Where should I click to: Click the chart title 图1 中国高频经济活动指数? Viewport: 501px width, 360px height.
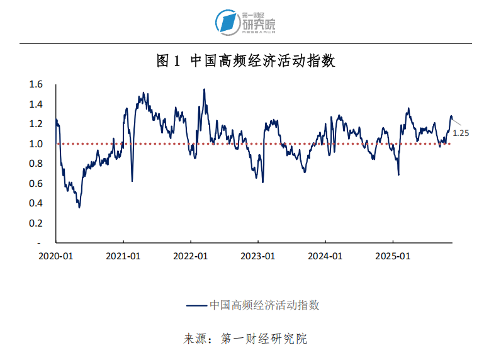(245, 61)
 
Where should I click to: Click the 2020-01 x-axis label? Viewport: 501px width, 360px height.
(56, 256)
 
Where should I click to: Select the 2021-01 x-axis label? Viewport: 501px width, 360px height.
(123, 256)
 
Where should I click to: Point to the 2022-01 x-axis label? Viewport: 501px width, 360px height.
(191, 256)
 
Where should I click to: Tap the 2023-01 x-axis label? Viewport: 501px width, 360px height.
(258, 256)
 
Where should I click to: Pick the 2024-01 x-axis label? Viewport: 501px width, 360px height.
(325, 256)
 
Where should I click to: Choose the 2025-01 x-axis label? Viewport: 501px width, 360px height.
(393, 256)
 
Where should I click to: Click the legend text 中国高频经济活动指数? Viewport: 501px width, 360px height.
(264, 305)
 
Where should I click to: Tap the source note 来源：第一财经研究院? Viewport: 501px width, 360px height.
(245, 339)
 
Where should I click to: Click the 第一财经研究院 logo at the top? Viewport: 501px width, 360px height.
(245, 22)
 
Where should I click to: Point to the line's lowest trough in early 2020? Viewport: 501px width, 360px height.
(79, 207)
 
